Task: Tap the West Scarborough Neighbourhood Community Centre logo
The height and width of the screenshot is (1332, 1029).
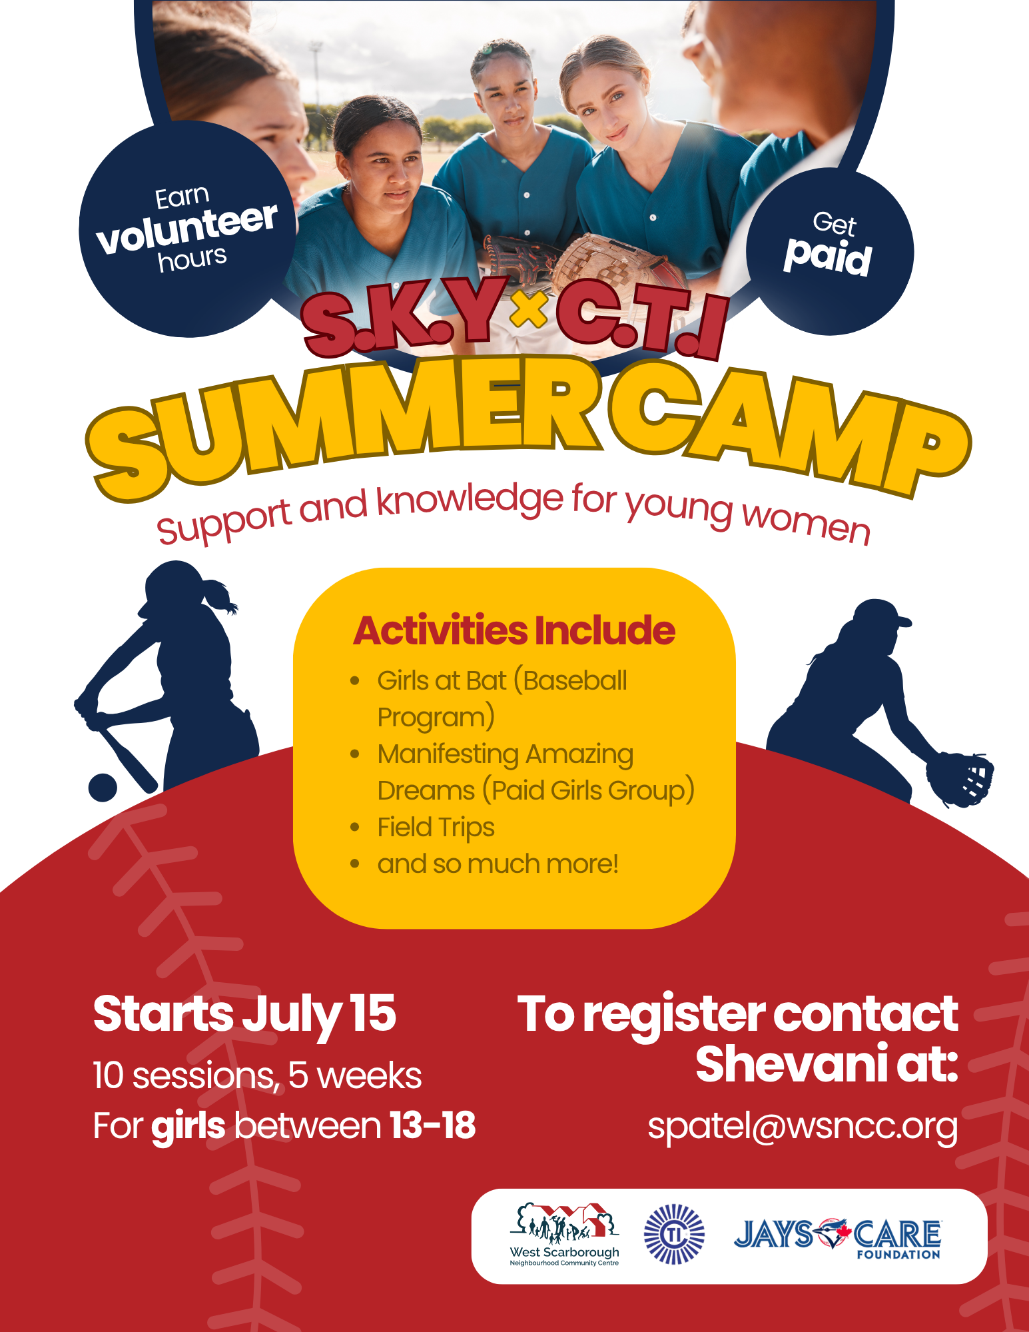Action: (565, 1235)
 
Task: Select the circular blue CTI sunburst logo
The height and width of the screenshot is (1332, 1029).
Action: (674, 1234)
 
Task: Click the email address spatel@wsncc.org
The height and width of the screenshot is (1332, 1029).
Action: (803, 1127)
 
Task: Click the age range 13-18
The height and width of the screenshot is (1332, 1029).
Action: (432, 1125)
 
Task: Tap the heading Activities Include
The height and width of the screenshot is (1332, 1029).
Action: (514, 630)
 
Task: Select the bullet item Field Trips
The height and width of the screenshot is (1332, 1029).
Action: (436, 828)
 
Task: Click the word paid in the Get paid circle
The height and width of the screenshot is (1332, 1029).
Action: (828, 257)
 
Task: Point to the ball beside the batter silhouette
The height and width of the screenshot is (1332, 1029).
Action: (103, 788)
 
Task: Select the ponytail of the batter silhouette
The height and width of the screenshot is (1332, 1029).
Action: (220, 595)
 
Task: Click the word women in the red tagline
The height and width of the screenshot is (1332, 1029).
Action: (806, 521)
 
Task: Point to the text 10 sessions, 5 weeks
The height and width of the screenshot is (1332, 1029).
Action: (257, 1076)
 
